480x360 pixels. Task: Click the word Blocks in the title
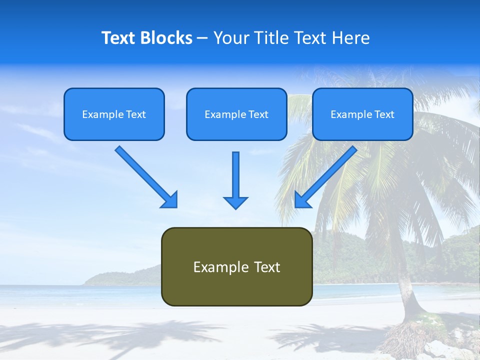click(166, 38)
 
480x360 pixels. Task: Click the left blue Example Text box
click(114, 114)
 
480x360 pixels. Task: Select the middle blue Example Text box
click(236, 114)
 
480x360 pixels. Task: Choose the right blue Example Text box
click(362, 114)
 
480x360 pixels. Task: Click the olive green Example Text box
click(236, 266)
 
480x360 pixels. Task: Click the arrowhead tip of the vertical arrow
click(235, 207)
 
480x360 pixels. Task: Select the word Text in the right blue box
click(384, 114)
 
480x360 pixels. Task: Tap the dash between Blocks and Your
click(202, 38)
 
